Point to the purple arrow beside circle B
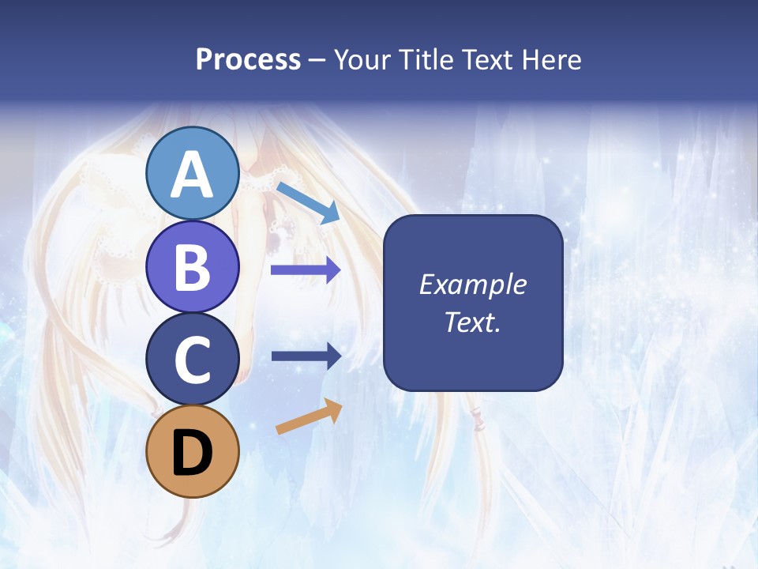[x=306, y=270]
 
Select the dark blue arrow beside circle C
[x=306, y=356]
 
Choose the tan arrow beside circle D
[x=309, y=416]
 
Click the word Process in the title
[x=248, y=60]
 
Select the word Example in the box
[x=473, y=284]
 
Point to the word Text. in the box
[x=473, y=322]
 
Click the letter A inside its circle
[x=192, y=175]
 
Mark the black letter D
[x=192, y=452]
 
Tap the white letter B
[x=192, y=267]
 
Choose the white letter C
[x=192, y=360]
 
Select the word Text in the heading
[x=486, y=60]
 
